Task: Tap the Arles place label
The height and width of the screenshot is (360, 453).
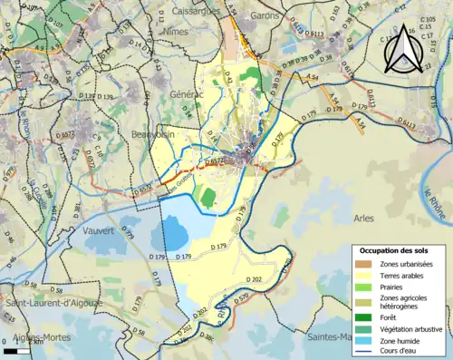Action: [x=362, y=219]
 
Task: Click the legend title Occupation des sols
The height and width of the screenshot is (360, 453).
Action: [x=393, y=249]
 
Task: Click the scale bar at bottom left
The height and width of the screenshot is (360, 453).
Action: [x=19, y=350]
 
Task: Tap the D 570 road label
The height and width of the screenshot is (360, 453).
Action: [x=242, y=298]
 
